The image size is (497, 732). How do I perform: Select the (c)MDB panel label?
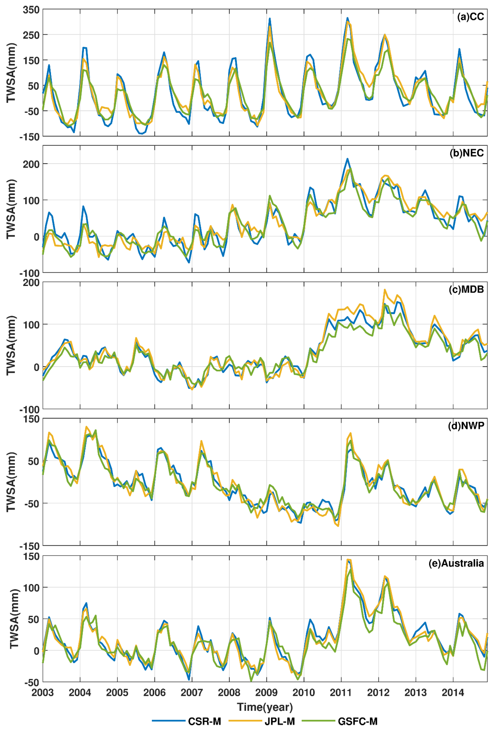coord(466,289)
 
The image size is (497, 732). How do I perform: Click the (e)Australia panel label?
coord(456,563)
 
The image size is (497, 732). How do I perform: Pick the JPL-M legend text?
coord(280,721)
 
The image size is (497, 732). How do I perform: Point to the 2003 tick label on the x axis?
coord(43,692)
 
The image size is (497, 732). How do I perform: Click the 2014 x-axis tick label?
coord(453,692)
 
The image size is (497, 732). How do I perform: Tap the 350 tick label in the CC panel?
coord(31,10)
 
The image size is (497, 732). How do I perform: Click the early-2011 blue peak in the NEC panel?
coord(347,159)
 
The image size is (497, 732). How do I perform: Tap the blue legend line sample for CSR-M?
coord(169,721)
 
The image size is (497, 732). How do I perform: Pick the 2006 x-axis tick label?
coord(154,692)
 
